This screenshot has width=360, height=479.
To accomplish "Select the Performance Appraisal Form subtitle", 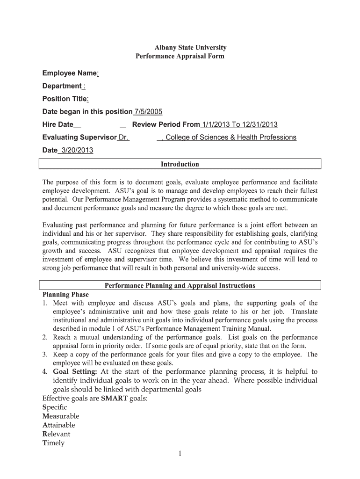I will pos(180,56).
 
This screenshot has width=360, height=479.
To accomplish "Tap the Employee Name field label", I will pos(70,73).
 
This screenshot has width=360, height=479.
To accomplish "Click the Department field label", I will pos(62,86).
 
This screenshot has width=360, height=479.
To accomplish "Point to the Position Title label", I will pos(65,99).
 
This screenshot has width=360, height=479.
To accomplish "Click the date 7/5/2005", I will pos(148,112).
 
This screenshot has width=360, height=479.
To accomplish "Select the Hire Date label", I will pos(58,124).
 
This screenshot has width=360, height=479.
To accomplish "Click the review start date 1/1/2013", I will pos(216,124).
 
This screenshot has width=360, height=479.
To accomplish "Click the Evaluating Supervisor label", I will pos(79,138).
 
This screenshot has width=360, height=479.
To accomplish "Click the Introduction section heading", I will pos(180,164).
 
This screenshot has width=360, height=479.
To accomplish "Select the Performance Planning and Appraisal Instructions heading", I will pos(180,285).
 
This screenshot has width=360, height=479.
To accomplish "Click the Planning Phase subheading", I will pos(65,295).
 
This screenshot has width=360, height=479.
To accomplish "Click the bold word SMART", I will pos(114,398).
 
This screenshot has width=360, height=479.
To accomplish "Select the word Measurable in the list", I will pos(61,416).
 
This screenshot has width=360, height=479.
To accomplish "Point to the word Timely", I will pos(53,443).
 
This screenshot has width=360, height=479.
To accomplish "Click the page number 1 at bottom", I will pos(180,453).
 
